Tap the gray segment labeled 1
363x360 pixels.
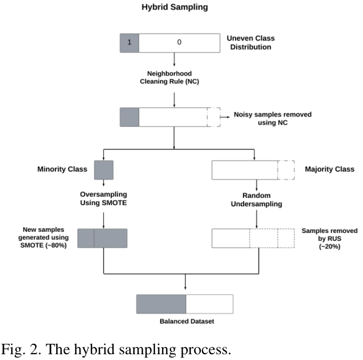pos(130,43)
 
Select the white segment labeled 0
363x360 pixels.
pos(179,43)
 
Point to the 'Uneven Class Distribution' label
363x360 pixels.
pos(250,43)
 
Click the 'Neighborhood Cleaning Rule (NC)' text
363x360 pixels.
pos(174,78)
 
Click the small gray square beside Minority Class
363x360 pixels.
pos(104,170)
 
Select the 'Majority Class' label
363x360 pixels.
pos(329,170)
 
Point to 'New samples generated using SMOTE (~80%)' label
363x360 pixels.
pos(45,238)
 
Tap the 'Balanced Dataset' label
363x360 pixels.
pos(185,321)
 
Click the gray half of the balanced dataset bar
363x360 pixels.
pos(161,304)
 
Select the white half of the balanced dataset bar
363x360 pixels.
pos(209,304)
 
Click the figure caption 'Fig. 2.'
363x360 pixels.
pos(25,349)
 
